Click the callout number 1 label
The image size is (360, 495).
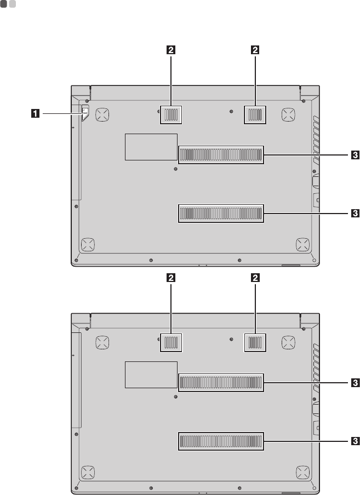point(36,113)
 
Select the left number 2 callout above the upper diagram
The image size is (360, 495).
point(171,50)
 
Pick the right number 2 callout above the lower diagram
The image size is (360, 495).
point(255,278)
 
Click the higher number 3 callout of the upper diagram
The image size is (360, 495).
point(355,154)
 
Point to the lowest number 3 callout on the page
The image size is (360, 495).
point(355,441)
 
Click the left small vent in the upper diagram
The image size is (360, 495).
point(171,115)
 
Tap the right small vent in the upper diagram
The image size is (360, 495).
point(255,115)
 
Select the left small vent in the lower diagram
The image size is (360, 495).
point(171,343)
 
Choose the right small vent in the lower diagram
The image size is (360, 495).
point(255,343)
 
